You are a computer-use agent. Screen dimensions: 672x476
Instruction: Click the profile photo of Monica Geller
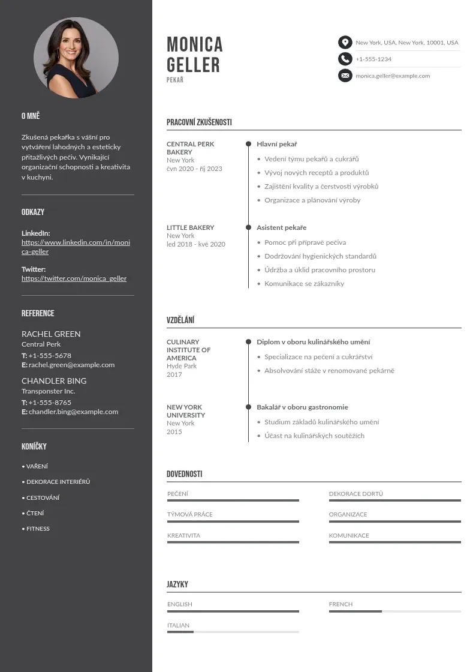76,58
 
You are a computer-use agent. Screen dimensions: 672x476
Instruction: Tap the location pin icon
345,43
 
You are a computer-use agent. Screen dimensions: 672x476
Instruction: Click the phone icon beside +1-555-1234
345,59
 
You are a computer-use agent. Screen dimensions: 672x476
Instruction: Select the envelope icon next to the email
345,76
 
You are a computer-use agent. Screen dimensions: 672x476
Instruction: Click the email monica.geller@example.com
393,76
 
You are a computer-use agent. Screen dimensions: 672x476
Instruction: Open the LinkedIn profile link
76,247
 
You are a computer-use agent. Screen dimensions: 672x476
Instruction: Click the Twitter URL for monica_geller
74,278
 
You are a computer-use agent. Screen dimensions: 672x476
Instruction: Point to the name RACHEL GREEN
51,334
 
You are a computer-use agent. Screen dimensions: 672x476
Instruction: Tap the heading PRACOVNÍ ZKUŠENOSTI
199,122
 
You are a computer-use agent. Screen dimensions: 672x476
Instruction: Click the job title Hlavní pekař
277,144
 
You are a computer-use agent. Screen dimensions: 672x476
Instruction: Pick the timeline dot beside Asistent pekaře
248,227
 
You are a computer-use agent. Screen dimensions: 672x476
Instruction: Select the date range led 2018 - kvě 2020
196,244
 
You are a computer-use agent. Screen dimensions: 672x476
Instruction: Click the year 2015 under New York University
174,431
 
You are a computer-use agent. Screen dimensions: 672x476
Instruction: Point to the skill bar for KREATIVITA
233,542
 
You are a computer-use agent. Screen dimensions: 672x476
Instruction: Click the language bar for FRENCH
394,611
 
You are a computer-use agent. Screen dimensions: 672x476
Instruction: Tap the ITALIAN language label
178,625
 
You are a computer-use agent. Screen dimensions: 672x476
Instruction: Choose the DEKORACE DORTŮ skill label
356,494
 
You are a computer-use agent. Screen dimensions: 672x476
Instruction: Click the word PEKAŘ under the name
175,80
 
